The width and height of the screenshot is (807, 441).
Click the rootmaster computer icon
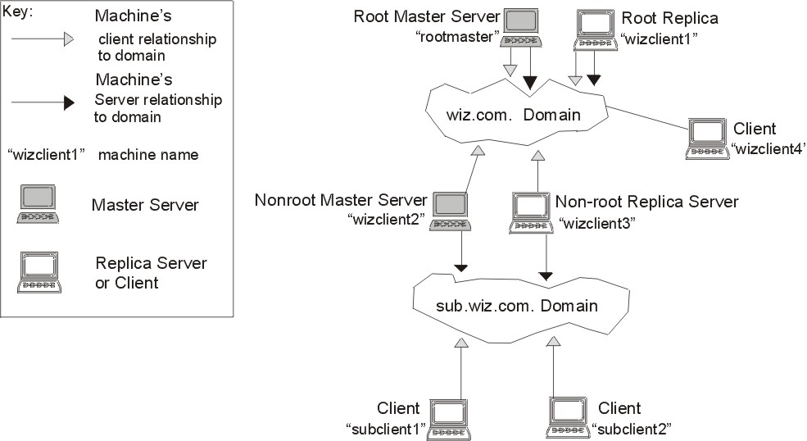[x=520, y=29]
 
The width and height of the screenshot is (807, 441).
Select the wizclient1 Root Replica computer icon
[x=596, y=30]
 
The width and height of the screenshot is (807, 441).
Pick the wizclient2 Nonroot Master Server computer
[x=451, y=211]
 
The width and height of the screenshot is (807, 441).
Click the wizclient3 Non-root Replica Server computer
[x=531, y=213]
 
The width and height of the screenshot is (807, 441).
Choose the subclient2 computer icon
[x=568, y=418]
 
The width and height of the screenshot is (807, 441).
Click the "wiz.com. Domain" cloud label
[x=513, y=115]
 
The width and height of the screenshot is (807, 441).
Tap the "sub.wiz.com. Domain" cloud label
[x=517, y=306]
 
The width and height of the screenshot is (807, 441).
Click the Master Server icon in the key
[x=38, y=204]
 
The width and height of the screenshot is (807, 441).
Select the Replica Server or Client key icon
[x=39, y=272]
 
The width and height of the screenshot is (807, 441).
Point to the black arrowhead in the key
[x=69, y=102]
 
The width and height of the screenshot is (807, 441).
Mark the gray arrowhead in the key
[x=69, y=39]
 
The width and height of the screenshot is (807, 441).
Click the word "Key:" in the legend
[x=17, y=11]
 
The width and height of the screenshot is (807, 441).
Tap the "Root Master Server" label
[x=427, y=16]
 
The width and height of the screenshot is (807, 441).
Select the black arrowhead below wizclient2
[x=460, y=268]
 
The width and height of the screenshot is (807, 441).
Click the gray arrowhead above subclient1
[x=461, y=343]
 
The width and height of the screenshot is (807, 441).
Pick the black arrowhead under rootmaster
[x=530, y=83]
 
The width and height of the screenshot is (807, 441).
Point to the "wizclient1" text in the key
[x=46, y=155]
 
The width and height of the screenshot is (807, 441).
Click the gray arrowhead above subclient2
[x=553, y=341]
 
